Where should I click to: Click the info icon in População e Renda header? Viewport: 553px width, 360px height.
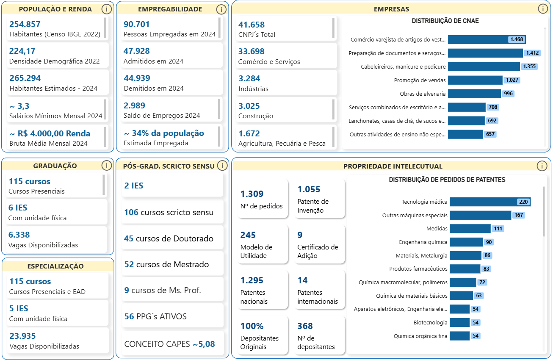107,9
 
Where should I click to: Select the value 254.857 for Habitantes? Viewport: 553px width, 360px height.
25,25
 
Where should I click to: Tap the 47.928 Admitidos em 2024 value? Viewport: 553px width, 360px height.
137,51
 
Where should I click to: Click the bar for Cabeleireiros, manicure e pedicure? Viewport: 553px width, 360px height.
484,66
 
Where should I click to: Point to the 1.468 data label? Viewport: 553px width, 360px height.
517,39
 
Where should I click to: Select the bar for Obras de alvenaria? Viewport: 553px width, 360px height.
474,94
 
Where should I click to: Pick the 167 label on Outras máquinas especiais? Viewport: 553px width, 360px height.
519,215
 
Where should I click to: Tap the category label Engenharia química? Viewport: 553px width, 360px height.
423,242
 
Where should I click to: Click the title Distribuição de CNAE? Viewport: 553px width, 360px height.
445,21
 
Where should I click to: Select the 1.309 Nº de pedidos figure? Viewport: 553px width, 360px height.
252,194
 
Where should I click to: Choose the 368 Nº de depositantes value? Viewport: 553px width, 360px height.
305,326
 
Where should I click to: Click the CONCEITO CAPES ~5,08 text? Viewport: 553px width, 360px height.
169,344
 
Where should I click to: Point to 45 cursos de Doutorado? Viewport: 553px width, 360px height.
169,238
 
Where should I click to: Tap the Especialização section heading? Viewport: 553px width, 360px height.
55,266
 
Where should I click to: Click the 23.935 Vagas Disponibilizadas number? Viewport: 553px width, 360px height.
22,336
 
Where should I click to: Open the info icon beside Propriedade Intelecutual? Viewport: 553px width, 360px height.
542,166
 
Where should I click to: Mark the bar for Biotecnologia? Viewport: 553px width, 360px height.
459,323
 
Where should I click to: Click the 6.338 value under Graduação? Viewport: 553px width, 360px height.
19,235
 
